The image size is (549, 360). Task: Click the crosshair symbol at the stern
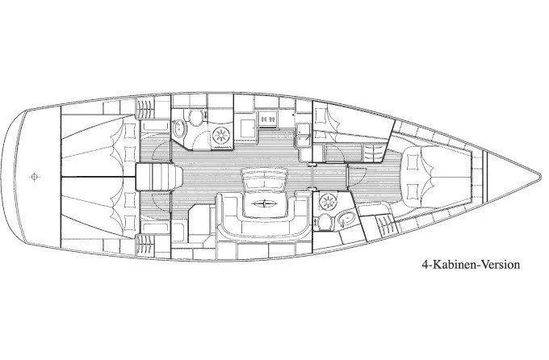tap(33, 174)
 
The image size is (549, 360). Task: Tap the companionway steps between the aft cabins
tap(154, 175)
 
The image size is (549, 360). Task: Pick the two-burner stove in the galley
tap(270, 118)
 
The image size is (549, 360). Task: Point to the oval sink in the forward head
tap(346, 216)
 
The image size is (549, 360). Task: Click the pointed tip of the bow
tap(539, 175)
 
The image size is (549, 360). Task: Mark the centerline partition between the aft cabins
tap(89, 175)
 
